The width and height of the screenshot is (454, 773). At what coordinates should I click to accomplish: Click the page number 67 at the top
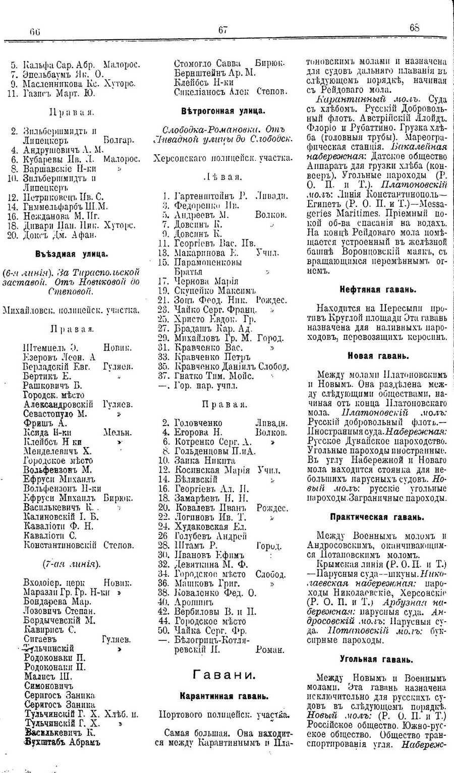coord(223,30)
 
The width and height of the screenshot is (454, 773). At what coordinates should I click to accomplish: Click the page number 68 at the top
coord(415,28)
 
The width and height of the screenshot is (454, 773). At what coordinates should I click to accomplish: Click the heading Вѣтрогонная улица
coord(223,110)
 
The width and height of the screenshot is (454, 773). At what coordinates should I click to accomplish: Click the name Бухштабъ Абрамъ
coord(62,742)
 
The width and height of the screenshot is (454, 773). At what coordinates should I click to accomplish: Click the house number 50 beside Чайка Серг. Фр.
coord(163,630)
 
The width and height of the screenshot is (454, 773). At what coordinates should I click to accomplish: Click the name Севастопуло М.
coord(55,413)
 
